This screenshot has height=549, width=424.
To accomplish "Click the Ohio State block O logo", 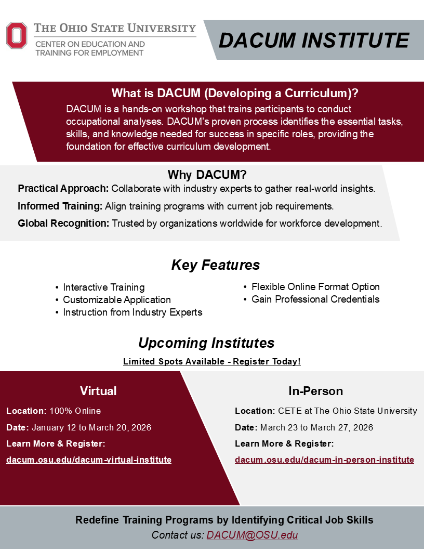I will point(17,35).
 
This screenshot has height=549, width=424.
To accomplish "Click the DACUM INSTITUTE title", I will point(313,40).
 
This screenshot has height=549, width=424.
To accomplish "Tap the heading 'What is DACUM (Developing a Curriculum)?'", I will point(235,94).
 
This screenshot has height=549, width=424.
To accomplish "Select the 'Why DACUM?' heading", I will point(207,174).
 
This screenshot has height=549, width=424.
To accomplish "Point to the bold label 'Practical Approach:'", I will point(63,188).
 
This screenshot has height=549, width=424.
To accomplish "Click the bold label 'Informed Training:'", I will point(60,206).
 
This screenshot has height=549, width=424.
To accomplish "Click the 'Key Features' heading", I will point(215,265).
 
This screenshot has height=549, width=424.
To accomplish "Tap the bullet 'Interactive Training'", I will point(104,287).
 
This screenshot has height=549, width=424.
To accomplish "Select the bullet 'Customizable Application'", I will point(117,300).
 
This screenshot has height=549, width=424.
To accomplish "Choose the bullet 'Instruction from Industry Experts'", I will point(132,312).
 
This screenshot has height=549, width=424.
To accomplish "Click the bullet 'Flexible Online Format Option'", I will point(315,287).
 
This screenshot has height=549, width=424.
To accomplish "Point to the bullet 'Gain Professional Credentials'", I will point(315,299).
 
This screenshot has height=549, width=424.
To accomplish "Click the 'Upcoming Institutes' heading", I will point(206,343).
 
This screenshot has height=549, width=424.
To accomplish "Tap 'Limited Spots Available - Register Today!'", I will point(212,361).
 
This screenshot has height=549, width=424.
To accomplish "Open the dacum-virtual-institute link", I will point(89,460).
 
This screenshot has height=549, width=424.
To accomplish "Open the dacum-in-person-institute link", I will point(324,460).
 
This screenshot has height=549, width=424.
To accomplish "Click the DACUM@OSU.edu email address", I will point(252,535).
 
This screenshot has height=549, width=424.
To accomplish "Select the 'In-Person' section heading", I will point(315,391).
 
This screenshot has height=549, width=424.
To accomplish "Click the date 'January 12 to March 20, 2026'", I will point(91,428).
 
